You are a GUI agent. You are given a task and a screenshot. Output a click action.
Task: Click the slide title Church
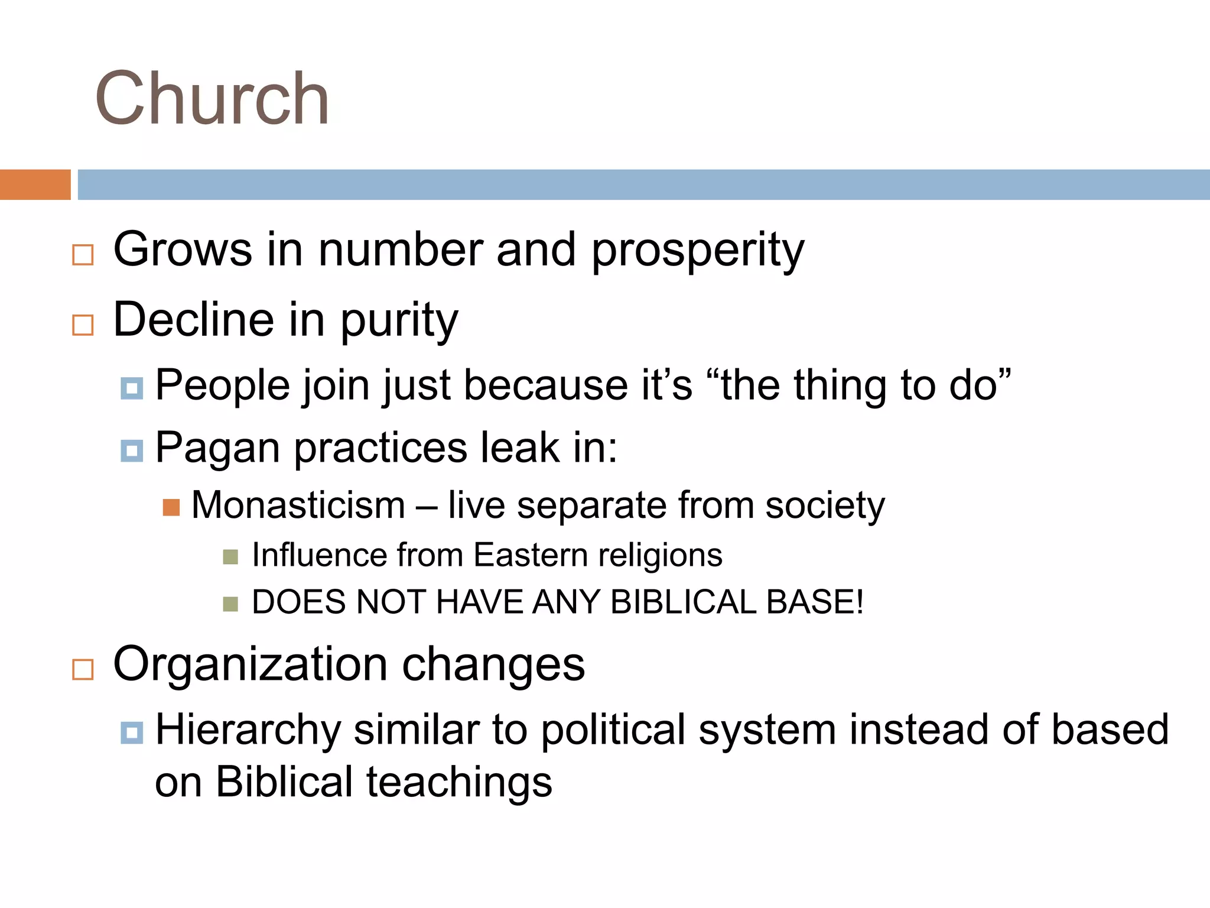[x=212, y=98]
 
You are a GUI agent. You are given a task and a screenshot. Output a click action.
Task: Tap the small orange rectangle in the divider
[x=35, y=184]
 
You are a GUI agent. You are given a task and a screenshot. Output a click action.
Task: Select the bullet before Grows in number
[x=83, y=255]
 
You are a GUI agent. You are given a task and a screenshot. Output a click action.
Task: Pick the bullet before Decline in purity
[x=83, y=325]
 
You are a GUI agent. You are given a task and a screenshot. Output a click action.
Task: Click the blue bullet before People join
[x=132, y=388]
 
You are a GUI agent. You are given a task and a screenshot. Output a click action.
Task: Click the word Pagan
[x=217, y=448]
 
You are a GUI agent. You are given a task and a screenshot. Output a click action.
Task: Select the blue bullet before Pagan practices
[x=132, y=450]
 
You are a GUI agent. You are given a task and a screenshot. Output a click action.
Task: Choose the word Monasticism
[x=298, y=506]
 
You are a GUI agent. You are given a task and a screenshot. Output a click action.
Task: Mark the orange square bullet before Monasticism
[x=171, y=507]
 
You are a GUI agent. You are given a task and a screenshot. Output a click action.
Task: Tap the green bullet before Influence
[x=230, y=557]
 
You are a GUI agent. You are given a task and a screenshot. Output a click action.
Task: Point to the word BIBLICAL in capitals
[x=682, y=602]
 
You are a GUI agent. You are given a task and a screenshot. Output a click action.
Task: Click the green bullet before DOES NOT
[x=230, y=604]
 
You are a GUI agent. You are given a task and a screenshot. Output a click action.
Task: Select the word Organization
[x=251, y=665]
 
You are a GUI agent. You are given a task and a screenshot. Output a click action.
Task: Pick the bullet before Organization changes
[x=83, y=669]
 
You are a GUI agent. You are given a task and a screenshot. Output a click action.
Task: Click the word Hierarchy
[x=248, y=730]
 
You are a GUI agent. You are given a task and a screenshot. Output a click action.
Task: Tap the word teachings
[x=459, y=782]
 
